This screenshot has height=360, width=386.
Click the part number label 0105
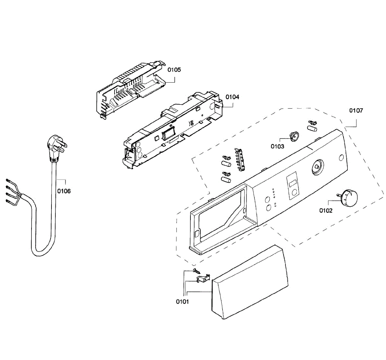174,70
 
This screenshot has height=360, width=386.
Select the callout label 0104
232,97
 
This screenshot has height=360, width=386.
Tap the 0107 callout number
356,111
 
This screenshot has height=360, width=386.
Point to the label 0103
277,146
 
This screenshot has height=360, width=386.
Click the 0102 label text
326,211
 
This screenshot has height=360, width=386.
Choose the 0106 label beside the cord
64,191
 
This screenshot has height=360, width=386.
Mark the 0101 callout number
182,301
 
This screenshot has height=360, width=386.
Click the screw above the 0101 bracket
196,271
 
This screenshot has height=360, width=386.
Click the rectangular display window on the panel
292,184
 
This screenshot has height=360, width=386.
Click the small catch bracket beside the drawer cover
203,278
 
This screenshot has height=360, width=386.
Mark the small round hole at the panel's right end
340,158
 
